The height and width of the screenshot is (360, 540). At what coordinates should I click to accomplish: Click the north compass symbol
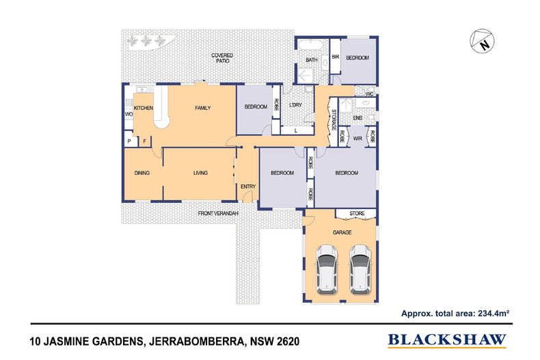483,42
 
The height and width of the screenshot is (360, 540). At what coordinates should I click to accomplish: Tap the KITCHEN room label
143,108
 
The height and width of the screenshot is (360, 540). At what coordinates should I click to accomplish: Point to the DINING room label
142,174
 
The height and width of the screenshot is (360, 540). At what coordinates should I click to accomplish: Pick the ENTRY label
247,186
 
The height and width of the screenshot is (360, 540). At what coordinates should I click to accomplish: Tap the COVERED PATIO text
221,57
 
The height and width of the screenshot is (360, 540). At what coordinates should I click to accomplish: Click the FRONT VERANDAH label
218,214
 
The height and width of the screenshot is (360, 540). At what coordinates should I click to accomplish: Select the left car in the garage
326,269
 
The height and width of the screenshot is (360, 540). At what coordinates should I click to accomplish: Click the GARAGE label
342,233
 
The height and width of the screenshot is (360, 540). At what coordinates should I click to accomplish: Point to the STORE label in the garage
357,214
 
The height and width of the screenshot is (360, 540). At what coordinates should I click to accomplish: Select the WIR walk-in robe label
357,137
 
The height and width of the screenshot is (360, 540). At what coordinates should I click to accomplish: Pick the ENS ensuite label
357,118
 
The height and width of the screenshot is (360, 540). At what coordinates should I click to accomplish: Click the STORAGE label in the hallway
333,120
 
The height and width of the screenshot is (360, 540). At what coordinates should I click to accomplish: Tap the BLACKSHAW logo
447,339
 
